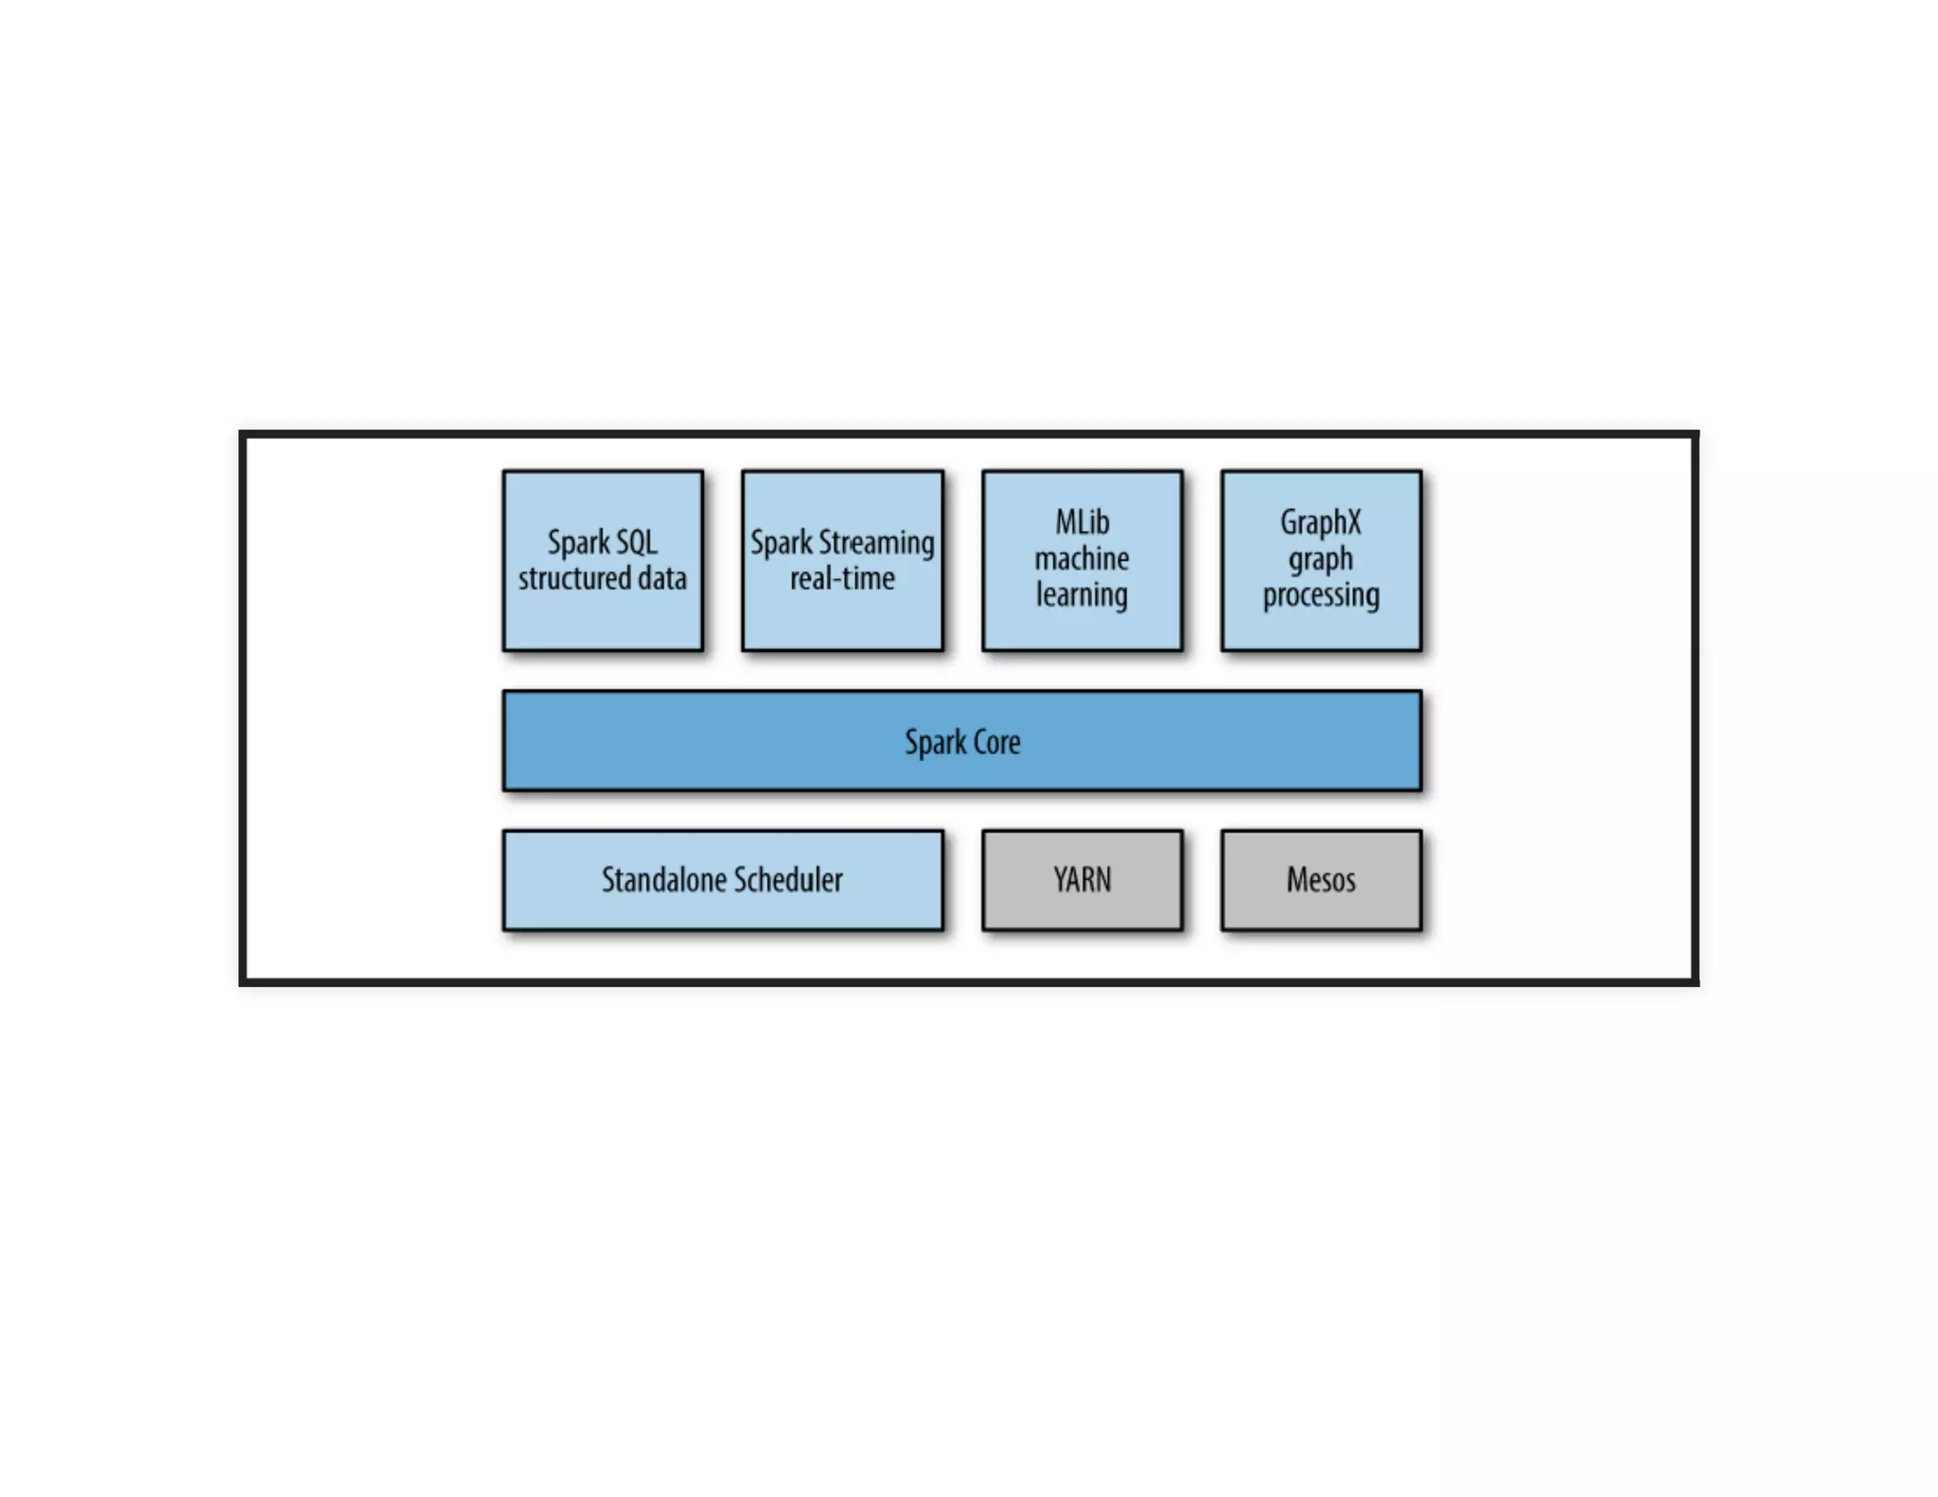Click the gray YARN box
(x=1082, y=880)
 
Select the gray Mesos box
(x=1321, y=880)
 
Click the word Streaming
(x=875, y=543)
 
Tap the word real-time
(x=842, y=578)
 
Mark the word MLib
(x=1082, y=522)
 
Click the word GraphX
(x=1321, y=522)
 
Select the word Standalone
(x=663, y=880)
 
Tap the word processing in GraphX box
(x=1321, y=595)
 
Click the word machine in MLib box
(x=1082, y=558)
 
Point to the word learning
(x=1082, y=595)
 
